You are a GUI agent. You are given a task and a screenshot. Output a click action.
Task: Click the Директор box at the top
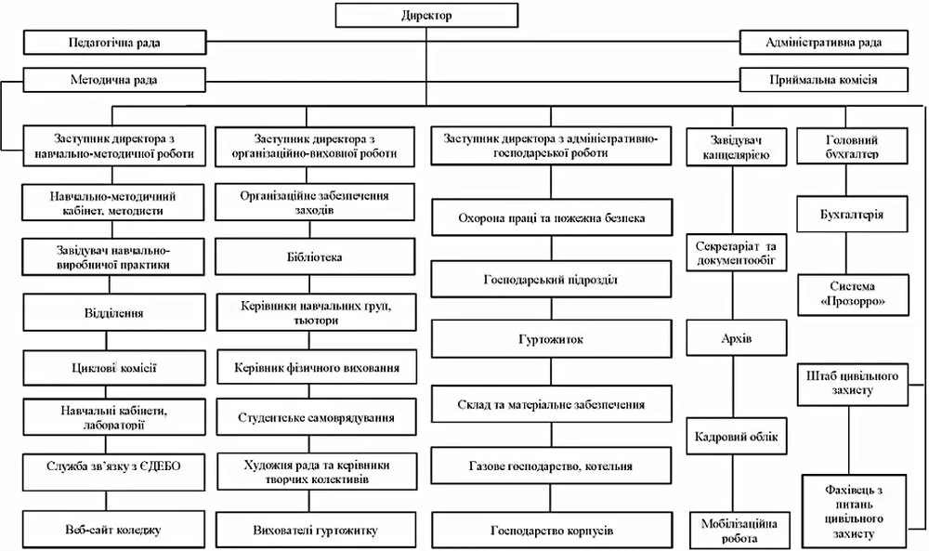426,15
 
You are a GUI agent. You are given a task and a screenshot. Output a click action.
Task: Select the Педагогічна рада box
114,43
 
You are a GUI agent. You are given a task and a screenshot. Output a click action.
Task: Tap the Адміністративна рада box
823,43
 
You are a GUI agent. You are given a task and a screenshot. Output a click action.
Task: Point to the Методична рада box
114,80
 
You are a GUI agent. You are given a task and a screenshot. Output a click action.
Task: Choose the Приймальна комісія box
823,80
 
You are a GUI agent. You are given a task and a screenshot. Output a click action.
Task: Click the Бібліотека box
315,257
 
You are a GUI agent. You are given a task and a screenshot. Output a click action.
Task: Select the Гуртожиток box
551,339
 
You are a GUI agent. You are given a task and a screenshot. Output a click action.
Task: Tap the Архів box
737,338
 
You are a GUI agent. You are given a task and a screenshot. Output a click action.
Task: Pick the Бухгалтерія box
852,215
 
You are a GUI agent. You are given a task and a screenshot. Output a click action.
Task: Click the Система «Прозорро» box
852,294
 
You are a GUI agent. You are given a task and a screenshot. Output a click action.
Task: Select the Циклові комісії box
113,368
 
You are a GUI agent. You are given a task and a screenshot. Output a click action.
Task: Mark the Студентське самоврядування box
317,418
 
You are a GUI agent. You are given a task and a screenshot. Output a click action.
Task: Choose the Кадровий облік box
737,437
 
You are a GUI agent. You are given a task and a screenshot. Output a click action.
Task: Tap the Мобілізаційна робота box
739,531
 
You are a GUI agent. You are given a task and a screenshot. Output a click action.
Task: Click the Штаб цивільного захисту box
852,384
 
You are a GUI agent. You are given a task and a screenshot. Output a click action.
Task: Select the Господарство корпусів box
552,531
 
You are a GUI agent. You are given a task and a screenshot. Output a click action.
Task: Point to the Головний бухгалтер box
852,146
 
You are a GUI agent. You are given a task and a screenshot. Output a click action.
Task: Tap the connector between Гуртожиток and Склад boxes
551,372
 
